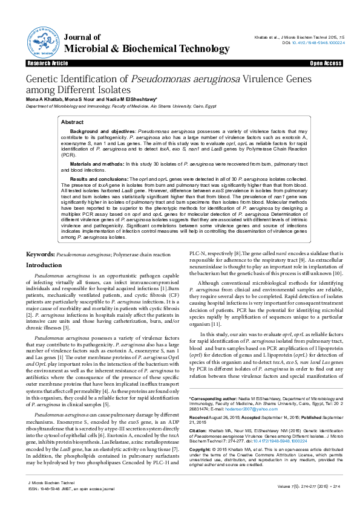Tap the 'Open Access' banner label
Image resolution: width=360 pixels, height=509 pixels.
click(326, 63)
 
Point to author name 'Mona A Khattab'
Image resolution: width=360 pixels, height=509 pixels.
click(43, 99)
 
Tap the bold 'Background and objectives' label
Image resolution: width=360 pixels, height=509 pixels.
click(103, 131)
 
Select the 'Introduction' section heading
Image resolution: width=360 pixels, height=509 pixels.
click(44, 265)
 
